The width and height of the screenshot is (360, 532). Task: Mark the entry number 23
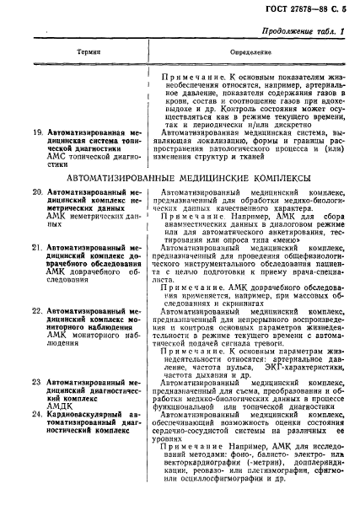coord(37,384)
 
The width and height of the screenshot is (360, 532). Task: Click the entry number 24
coord(37,416)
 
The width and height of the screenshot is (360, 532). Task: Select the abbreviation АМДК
coord(62,407)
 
